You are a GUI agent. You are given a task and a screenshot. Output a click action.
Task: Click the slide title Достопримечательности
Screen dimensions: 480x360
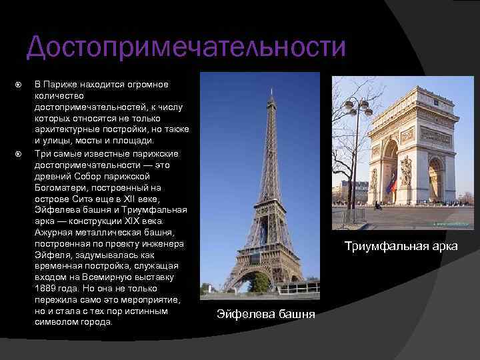(186, 47)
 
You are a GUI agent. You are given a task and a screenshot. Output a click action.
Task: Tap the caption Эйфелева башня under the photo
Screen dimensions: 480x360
(266, 314)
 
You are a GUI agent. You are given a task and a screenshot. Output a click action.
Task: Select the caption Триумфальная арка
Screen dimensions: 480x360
(401, 246)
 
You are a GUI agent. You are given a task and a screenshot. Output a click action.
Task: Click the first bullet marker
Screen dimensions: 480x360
(19, 85)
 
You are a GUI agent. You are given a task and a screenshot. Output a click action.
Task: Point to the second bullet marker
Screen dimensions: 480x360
(19, 154)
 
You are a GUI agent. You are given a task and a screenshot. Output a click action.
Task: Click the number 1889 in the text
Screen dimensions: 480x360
(45, 289)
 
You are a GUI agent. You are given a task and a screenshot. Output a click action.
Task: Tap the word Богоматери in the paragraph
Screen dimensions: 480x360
(61, 187)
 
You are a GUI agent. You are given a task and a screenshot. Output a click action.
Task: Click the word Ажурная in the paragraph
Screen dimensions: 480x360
(53, 233)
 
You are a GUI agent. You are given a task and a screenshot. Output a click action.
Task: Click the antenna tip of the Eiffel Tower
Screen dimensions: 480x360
(271, 89)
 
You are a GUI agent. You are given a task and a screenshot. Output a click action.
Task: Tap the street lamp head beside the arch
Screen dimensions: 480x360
(358, 107)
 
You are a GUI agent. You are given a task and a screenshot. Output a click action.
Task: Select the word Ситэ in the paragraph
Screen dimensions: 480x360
(83, 199)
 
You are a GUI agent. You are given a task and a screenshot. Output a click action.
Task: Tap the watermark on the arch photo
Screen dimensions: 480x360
(451, 224)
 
